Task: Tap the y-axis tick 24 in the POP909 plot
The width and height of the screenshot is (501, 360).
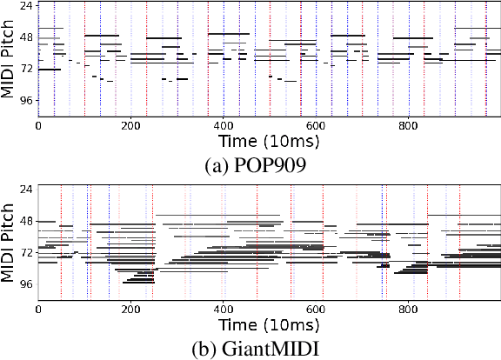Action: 26,7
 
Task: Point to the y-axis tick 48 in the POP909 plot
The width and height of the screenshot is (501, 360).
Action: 26,38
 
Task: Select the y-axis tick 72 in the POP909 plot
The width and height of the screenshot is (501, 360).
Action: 26,69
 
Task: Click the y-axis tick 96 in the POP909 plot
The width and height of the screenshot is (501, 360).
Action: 26,100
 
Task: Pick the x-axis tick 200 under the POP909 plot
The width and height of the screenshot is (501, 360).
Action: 130,124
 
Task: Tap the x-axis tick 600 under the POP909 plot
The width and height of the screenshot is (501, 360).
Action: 316,124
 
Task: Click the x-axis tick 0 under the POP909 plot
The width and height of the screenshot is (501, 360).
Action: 37,124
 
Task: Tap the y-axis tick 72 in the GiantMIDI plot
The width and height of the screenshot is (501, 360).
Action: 26,253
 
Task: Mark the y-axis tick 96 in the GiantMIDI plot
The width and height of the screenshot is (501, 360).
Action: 26,284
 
